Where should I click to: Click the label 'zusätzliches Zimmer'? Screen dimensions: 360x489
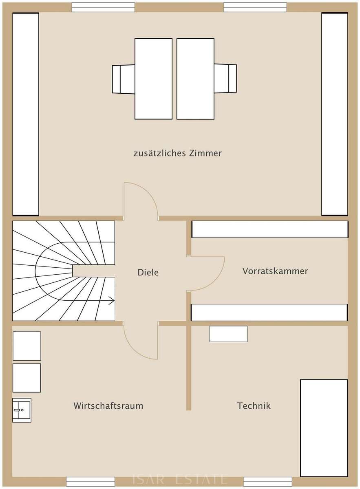177,153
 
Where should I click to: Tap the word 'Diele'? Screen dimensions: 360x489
148,273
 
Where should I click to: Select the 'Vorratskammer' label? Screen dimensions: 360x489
275,271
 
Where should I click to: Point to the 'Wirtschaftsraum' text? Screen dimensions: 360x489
108,406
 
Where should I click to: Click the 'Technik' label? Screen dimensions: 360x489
254,406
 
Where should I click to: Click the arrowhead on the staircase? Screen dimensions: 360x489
112,301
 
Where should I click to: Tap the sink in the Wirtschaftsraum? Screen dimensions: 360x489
22,410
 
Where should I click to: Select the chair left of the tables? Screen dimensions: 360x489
124,79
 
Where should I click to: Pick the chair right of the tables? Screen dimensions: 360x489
225,78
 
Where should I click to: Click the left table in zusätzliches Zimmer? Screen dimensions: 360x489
153,79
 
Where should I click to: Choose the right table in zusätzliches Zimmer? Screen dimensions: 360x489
195,79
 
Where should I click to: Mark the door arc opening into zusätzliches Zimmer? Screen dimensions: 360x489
148,192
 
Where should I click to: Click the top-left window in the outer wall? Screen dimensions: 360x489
103,7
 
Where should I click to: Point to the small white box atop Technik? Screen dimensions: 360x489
228,334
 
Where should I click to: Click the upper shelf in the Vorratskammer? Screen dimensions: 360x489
270,229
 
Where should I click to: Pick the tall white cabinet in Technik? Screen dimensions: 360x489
324,428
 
